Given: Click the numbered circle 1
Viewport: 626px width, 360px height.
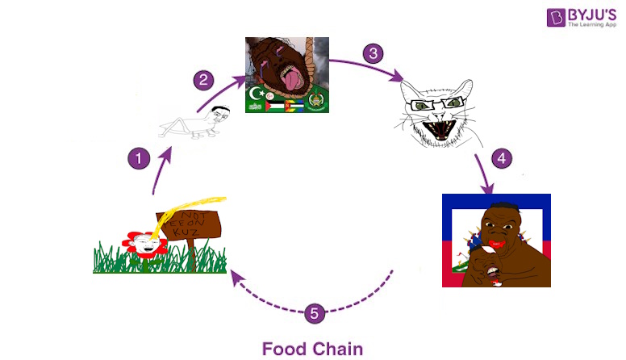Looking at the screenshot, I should coord(140,158).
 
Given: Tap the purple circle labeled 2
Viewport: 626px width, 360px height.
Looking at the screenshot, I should coord(204,80).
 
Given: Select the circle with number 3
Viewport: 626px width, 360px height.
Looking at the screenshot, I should coord(372,54).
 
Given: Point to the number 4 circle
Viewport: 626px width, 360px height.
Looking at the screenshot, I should coord(501,158).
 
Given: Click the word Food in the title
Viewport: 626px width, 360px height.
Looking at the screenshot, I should coord(283,349).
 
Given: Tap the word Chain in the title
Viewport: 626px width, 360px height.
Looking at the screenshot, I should coord(336,349).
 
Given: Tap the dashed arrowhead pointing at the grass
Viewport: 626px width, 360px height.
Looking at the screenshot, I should coord(233,276).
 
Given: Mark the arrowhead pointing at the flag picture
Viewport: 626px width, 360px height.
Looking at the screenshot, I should coord(488,190).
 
